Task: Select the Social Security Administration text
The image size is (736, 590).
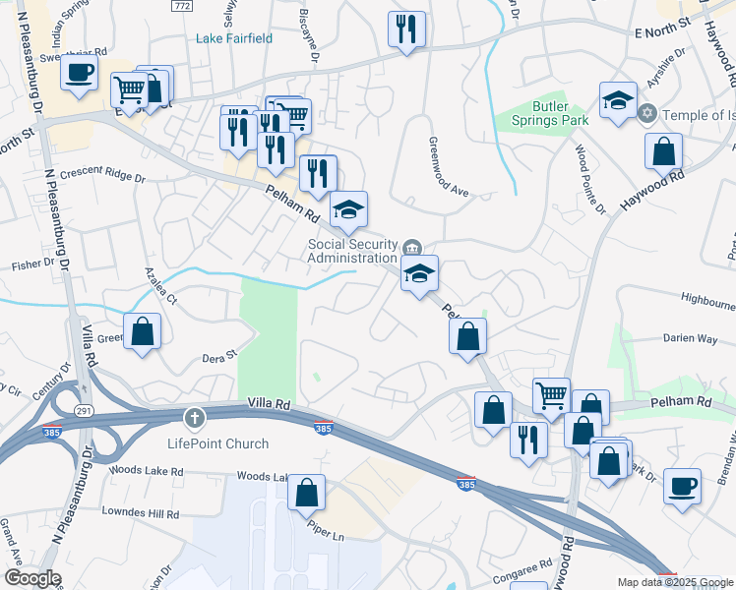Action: (351, 251)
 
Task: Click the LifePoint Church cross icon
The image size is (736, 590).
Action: (195, 419)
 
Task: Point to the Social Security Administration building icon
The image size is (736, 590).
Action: (413, 246)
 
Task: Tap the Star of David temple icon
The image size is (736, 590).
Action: (647, 115)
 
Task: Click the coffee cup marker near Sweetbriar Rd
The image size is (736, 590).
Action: (80, 73)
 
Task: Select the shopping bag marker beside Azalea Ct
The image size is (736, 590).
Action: (143, 331)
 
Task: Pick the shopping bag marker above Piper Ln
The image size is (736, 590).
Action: (307, 492)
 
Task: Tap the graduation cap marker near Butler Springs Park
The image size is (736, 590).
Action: (618, 100)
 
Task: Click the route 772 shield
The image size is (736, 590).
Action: (180, 5)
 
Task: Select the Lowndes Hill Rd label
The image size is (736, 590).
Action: (144, 512)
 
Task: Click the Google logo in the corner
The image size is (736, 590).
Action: (32, 579)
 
